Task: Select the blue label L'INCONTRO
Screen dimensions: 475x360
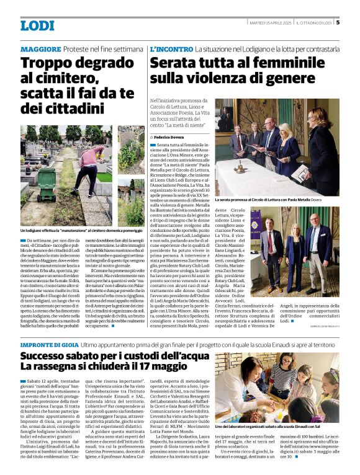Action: (171, 48)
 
